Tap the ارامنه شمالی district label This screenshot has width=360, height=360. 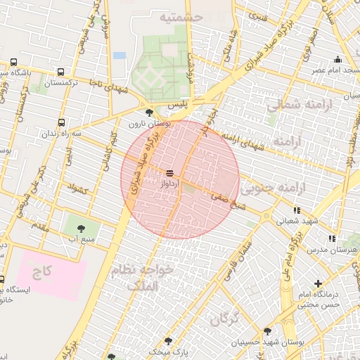point(294,105)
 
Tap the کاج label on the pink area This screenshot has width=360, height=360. point(47,271)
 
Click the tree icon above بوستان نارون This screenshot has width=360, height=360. point(148,112)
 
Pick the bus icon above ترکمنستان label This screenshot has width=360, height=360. point(60,72)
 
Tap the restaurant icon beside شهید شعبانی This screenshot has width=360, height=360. point(297,210)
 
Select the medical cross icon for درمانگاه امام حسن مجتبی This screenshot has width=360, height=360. point(319,283)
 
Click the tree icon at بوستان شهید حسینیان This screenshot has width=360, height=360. point(267,330)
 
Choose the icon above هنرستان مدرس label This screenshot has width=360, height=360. point(331,238)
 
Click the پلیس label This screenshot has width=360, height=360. point(182,103)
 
